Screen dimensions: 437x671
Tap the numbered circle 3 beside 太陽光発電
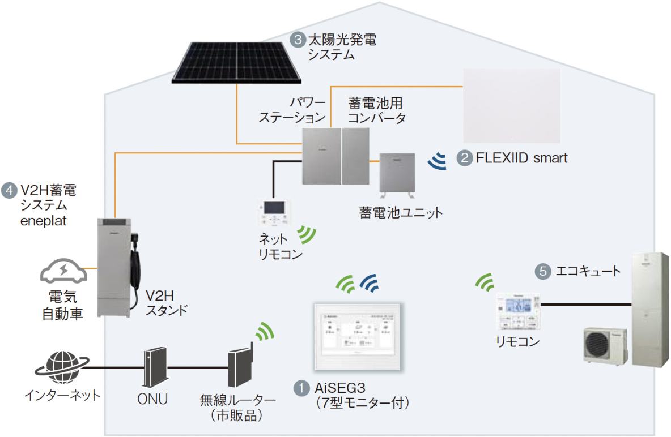pyautogui.click(x=297, y=40)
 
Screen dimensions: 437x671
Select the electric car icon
pyautogui.click(x=63, y=272)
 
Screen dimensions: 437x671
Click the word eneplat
pyautogui.click(x=43, y=221)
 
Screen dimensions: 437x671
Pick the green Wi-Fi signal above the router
pyautogui.click(x=262, y=332)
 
